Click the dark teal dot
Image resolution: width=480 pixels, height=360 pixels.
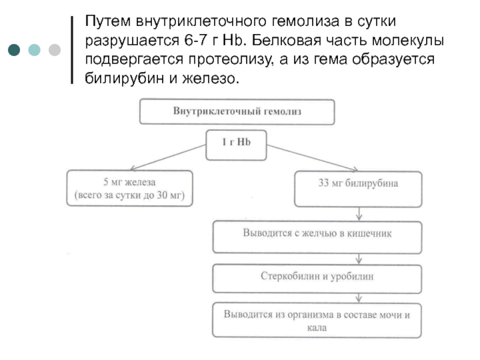pyautogui.click(x=14, y=50)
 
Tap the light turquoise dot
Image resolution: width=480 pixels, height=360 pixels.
pyautogui.click(x=34, y=50)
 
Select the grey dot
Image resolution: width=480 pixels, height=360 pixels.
pyautogui.click(x=55, y=50)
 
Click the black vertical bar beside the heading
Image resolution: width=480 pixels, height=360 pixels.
pyautogui.click(x=72, y=50)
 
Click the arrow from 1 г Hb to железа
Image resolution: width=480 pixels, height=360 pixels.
pyautogui.click(x=168, y=157)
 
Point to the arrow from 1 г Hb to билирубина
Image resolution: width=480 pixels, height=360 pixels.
pyautogui.click(x=312, y=158)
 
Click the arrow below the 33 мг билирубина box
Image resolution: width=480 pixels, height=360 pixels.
pyautogui.click(x=359, y=214)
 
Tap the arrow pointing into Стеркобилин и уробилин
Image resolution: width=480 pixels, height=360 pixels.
pyautogui.click(x=359, y=259)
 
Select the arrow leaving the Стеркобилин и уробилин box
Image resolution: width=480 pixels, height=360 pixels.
pyautogui.click(x=359, y=298)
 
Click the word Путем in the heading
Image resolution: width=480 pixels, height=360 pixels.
pyautogui.click(x=108, y=22)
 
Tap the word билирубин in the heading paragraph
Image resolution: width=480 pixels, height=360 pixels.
pyautogui.click(x=124, y=78)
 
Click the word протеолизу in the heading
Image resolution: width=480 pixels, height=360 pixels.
pyautogui.click(x=231, y=59)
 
